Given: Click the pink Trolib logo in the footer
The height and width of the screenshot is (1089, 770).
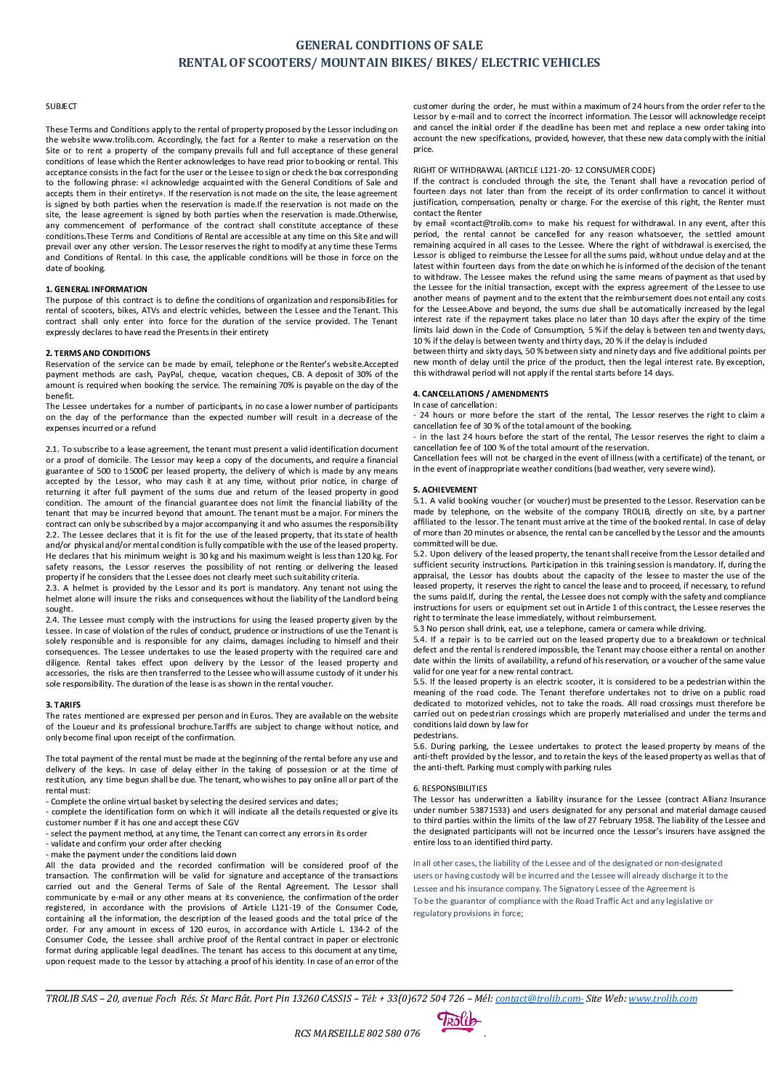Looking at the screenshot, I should coord(458,1023).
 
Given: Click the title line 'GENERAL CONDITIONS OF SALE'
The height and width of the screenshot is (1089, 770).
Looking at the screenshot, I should coord(389,45).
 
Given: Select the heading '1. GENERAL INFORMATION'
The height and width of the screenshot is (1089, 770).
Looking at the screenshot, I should coord(96,289).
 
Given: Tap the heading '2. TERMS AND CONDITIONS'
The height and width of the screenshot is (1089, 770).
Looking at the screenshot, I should coord(98,353).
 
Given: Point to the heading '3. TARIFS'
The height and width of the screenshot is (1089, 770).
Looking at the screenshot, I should coord(63,705).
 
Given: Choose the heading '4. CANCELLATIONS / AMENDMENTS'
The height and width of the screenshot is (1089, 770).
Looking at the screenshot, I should coord(480,394).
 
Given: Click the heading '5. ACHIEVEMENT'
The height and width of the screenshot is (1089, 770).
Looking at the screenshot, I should coord(445,490).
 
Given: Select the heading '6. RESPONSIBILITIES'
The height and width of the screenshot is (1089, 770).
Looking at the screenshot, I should coord(450,788).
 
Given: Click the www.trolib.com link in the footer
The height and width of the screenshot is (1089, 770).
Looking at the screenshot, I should coord(662,999).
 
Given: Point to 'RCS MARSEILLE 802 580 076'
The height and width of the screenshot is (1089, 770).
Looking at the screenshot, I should coord(357,1034).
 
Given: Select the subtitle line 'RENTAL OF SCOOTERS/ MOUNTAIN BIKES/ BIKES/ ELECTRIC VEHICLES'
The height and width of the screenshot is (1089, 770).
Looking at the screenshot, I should coord(389,63).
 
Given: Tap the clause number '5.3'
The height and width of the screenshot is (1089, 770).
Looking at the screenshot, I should coord(419,628).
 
